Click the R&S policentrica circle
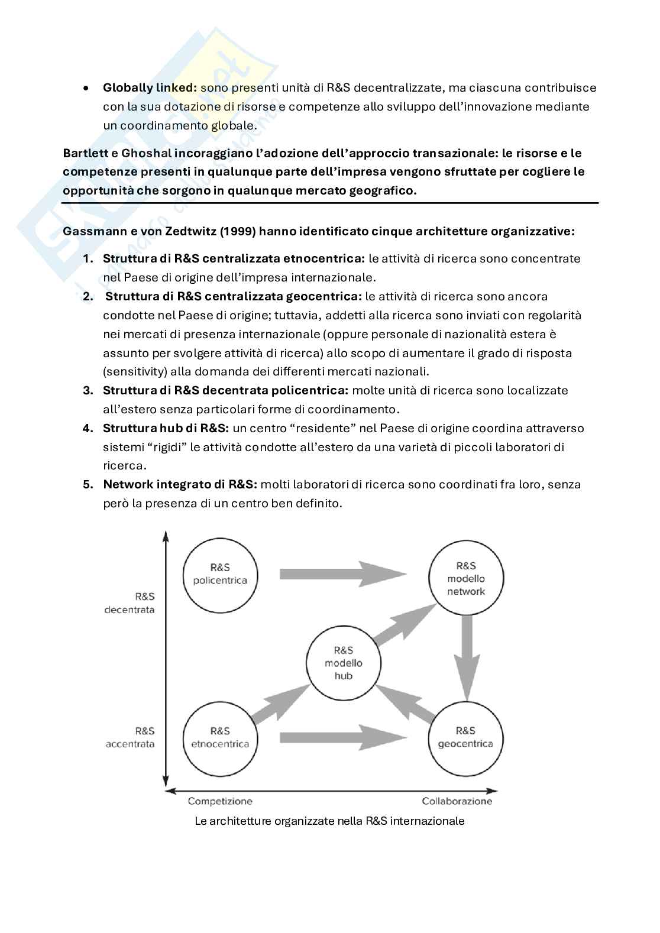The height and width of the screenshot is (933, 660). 219,573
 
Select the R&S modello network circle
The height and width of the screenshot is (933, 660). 466,578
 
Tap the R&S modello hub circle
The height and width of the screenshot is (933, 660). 343,663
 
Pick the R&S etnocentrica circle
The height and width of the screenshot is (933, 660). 219,737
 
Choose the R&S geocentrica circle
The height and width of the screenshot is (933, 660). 465,737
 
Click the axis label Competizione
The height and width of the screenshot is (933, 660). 220,801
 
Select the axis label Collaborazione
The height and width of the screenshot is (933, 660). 457,801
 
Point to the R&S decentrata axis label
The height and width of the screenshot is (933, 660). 129,603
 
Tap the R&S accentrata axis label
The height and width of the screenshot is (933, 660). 130,737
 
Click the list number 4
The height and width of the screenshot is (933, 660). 88,428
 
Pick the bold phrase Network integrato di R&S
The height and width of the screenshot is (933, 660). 180,484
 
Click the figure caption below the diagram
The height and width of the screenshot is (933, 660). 329,821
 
